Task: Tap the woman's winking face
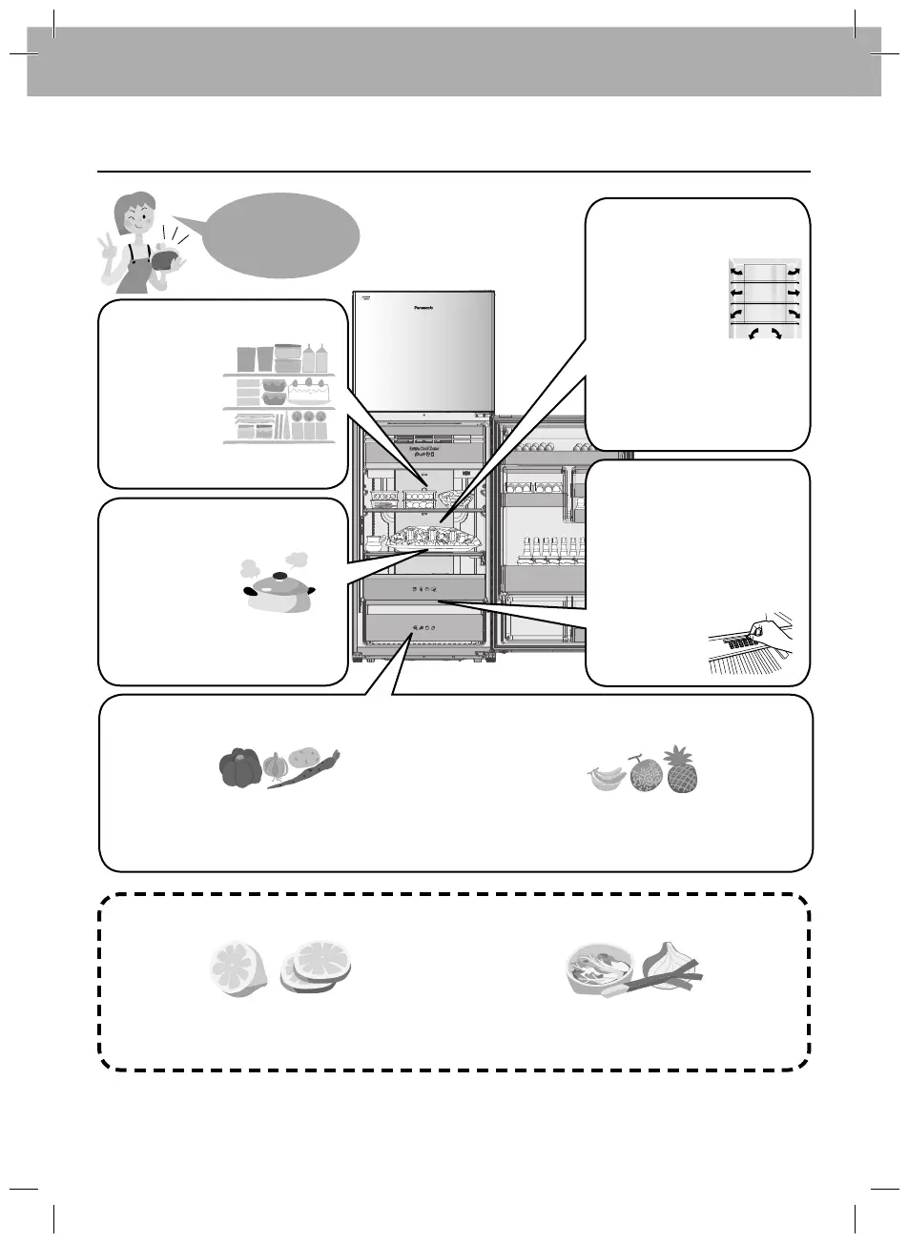coord(129,214)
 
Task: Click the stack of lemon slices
coord(315,968)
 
